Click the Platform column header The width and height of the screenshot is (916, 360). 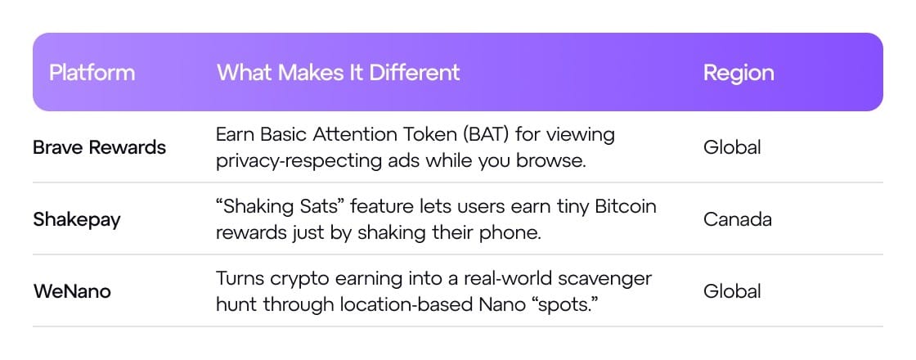(x=92, y=73)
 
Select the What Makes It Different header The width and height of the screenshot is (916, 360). (x=339, y=73)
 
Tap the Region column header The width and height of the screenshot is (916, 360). (x=739, y=73)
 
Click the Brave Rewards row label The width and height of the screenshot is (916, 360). (x=99, y=147)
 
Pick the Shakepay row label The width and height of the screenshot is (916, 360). (x=77, y=220)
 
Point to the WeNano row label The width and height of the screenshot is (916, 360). (x=72, y=291)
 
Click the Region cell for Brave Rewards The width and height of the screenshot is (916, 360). (x=732, y=146)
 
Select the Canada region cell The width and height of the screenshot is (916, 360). (x=738, y=219)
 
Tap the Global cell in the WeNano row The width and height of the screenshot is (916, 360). (x=732, y=291)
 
